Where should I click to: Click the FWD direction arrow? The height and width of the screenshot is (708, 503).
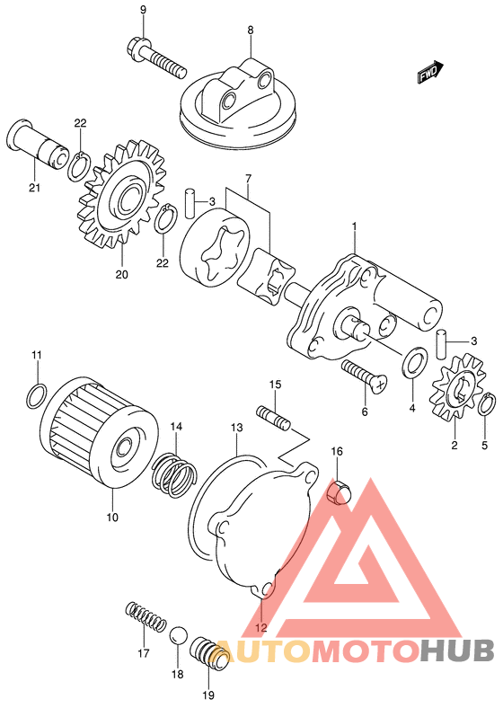click(430, 73)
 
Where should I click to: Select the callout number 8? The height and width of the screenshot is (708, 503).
click(250, 31)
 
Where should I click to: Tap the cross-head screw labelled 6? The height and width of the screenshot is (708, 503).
click(365, 375)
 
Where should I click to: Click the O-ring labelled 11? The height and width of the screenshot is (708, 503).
click(36, 395)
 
